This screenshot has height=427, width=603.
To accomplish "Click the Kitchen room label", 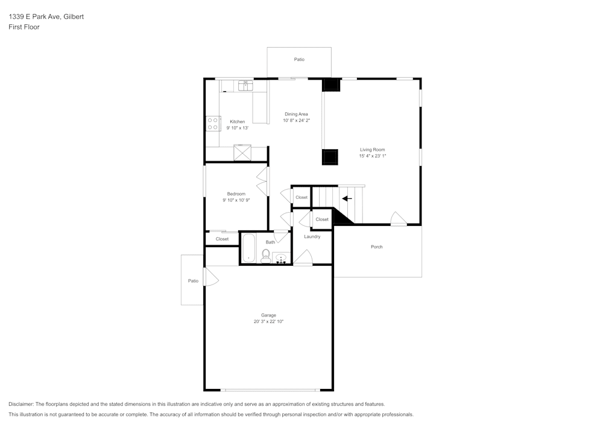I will pos(237,121).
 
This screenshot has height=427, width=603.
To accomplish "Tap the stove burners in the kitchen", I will pos(213,124).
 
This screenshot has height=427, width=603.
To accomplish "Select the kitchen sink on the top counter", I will pos(245,86).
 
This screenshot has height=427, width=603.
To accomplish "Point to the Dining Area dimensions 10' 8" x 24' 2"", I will pos(296,120).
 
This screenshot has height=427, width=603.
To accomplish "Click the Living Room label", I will pos(372,149).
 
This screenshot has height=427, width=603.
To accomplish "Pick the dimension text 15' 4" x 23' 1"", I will pos(372,156).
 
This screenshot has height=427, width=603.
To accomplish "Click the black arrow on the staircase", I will pos(347,198).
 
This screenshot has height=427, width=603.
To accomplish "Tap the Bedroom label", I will pos(236,193).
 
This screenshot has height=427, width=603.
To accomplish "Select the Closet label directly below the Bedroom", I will pos(222,239).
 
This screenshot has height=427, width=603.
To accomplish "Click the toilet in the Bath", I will pos(265,255).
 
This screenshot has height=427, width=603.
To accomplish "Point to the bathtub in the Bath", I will pos(248,249).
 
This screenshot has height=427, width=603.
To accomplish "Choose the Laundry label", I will pos(312,236).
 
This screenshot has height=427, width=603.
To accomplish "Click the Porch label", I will pos(376,246).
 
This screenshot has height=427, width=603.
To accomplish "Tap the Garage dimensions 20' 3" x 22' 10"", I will pos(268,322).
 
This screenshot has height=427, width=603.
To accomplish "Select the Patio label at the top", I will pos(299,59).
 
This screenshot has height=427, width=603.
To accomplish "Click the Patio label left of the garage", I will pos(193,281).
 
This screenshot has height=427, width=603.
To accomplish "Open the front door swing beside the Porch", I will pos(398,219).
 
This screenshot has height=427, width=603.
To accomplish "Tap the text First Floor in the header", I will pos(24,27).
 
